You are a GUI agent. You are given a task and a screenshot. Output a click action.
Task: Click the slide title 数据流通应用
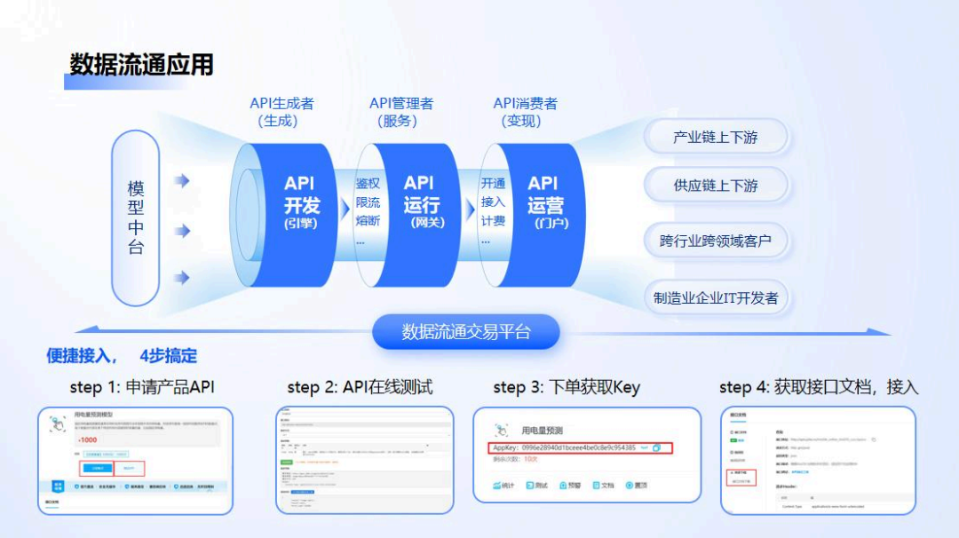141,65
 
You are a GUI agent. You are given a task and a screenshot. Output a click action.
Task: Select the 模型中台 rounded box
136,218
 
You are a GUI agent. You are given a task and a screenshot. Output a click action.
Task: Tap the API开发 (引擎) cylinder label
300,202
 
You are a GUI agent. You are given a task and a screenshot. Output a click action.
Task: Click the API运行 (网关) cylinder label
421,202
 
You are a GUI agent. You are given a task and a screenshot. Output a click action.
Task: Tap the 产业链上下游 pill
716,138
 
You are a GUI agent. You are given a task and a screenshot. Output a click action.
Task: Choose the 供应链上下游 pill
716,186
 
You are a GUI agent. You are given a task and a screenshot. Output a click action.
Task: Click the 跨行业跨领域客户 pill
716,240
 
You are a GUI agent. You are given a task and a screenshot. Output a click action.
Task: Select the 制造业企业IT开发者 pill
716,297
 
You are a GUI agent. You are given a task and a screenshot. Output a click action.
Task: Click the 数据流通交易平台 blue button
466,332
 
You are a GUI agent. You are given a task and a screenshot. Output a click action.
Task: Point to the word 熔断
368,220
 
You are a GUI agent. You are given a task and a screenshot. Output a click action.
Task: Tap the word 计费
493,220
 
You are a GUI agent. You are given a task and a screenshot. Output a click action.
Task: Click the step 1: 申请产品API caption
142,387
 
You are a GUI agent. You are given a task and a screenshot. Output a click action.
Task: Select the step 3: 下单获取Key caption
567,387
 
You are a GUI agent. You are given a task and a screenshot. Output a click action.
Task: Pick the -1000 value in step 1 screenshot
88,440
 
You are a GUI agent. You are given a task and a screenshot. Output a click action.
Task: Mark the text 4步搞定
168,356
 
